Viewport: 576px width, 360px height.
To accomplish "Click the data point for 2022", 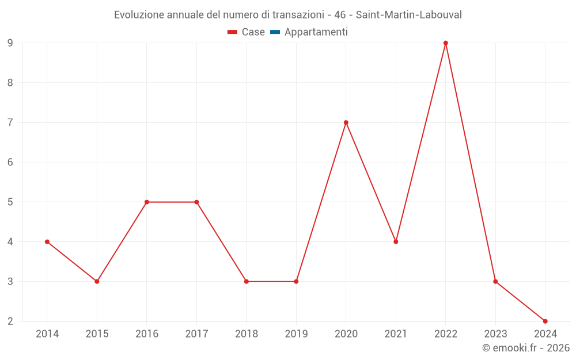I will click(x=446, y=43).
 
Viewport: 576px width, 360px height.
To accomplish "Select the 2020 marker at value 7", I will click(x=346, y=123).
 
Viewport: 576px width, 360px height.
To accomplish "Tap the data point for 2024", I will click(x=545, y=321).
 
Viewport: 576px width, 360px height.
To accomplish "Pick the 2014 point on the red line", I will click(x=47, y=242).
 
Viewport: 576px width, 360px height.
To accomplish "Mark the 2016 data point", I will click(x=147, y=202).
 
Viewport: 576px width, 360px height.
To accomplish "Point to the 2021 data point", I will click(x=396, y=242).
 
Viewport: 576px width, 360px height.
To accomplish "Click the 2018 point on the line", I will click(x=247, y=282).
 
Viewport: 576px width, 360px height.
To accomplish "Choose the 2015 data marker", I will click(x=97, y=282).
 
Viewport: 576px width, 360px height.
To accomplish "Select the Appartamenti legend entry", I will click(x=316, y=32).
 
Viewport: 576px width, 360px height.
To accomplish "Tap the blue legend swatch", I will click(x=275, y=32).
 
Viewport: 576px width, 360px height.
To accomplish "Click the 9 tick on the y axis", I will click(x=10, y=43).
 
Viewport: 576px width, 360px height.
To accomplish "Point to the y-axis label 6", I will click(x=10, y=162).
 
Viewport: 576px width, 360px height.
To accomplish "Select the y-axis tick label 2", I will click(x=10, y=321).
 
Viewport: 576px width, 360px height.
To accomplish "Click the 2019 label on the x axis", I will click(x=296, y=334).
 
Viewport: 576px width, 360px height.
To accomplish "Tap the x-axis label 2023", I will click(x=495, y=334).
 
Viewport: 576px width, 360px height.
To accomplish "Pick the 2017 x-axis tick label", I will click(x=196, y=334).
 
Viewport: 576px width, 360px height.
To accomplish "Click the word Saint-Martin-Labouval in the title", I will click(x=408, y=15).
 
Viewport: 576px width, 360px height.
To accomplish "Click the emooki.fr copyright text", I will click(x=526, y=348).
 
